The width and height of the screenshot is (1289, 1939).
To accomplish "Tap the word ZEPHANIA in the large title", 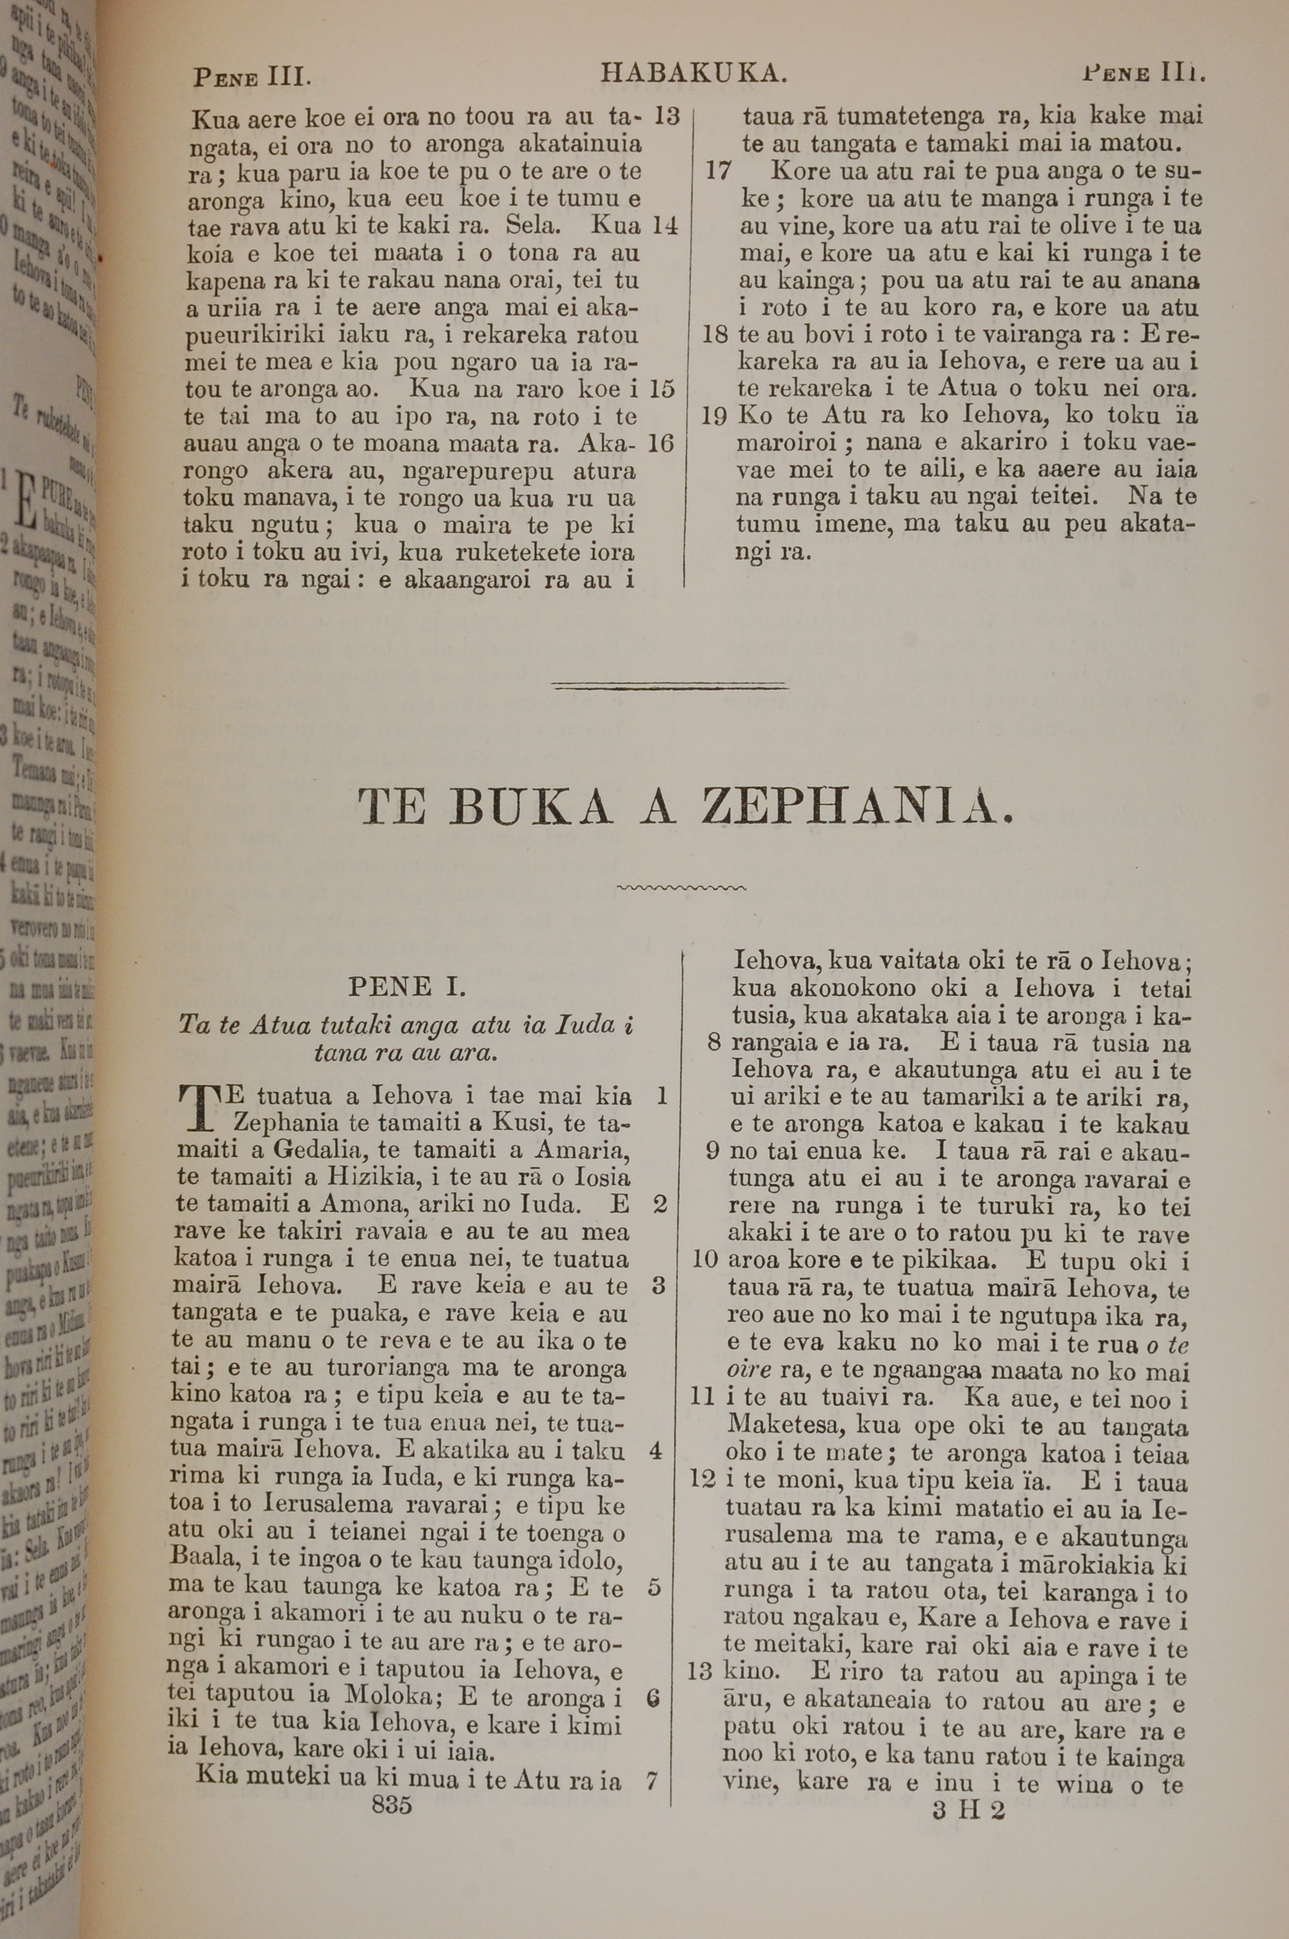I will coord(855,808).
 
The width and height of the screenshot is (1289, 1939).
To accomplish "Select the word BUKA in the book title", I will coord(531,808).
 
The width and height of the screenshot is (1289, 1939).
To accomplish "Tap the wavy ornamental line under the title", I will coord(681,888).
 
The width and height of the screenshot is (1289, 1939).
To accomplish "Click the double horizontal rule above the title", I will coord(671,685).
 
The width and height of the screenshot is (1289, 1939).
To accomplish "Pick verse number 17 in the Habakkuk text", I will coord(719,171).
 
